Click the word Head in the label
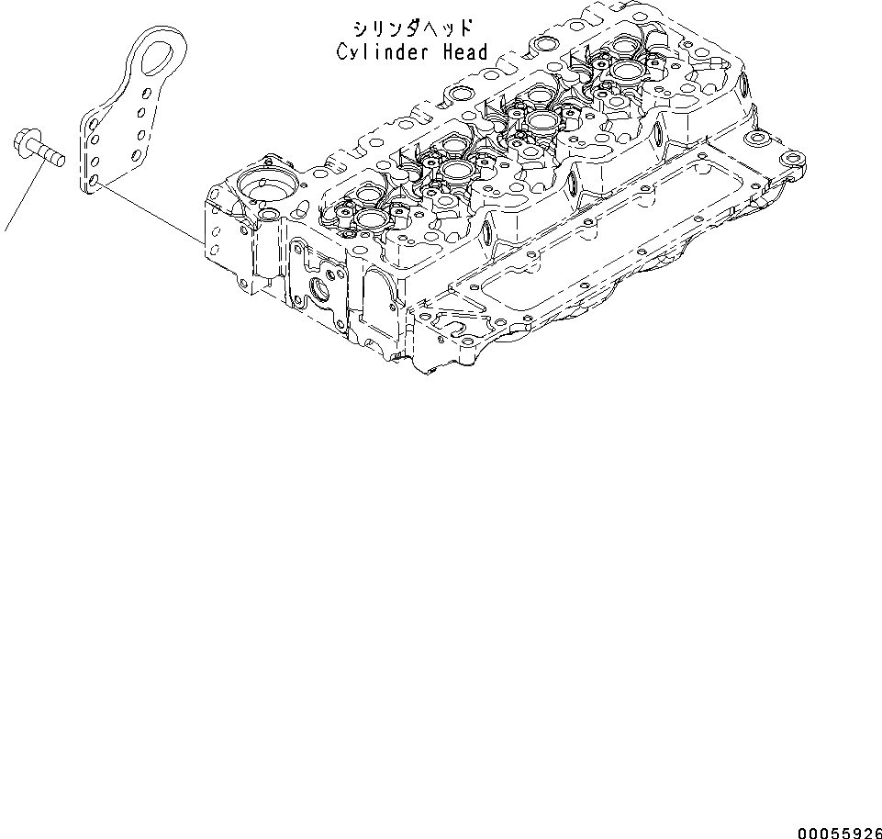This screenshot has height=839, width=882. (466, 52)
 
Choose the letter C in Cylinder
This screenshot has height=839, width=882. (342, 52)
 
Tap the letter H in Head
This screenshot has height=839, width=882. (449, 52)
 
